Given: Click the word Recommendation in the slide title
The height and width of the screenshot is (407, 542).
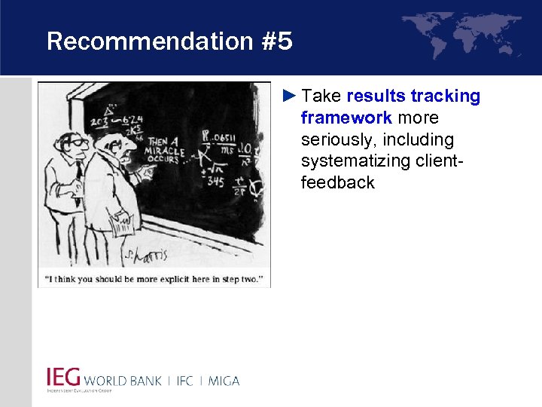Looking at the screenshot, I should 148,41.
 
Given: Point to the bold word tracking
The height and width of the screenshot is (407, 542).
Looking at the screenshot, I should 450,96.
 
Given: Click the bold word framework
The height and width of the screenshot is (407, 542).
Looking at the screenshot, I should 346,118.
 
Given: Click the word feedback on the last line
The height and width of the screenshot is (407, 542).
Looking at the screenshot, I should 337,183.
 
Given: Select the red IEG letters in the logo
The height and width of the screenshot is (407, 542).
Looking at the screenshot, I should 63,378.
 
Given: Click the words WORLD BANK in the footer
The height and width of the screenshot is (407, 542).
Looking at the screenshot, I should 123,381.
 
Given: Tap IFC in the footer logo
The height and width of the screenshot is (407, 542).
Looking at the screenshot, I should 185,381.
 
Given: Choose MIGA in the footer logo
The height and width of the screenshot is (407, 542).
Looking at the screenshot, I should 223,381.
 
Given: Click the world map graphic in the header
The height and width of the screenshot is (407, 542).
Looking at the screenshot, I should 461,34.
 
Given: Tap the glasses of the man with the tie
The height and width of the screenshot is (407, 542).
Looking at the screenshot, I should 77,141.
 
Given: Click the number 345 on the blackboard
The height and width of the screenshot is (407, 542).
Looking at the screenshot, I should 215,182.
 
